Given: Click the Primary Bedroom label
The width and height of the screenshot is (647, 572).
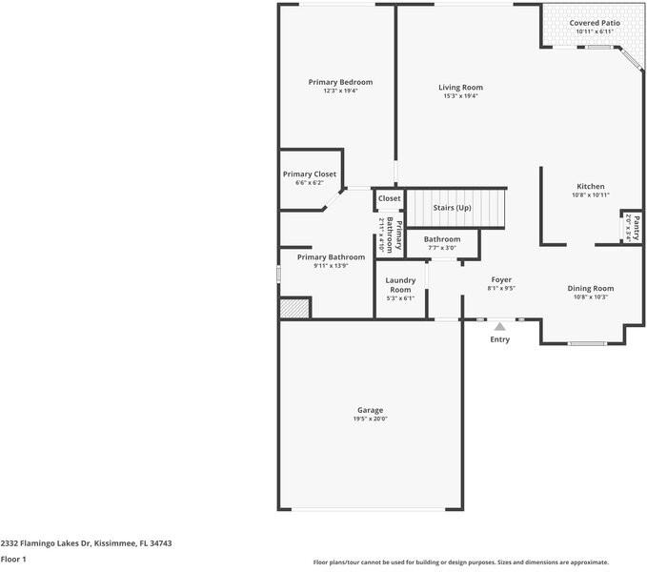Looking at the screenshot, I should click(340, 82).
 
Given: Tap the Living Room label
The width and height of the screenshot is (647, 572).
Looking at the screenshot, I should click(460, 87).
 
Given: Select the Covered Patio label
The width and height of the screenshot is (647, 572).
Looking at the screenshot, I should click(595, 23).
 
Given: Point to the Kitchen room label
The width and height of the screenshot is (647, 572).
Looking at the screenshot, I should click(590, 186).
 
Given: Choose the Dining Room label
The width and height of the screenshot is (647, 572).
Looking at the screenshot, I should click(590, 288).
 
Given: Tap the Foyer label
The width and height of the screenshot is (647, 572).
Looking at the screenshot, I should click(501, 279).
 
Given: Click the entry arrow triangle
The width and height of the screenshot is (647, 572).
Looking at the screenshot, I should click(499, 326).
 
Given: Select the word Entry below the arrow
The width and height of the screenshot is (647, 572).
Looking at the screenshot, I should click(499, 339).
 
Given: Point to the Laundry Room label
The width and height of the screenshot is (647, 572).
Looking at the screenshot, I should click(400, 284).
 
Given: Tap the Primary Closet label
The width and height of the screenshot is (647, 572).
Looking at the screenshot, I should click(310, 174).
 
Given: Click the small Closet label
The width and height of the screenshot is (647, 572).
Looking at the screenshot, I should click(389, 198).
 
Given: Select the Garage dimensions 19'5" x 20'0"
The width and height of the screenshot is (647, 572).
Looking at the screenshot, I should click(370, 419).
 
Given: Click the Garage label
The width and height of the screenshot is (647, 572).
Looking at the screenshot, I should click(370, 410).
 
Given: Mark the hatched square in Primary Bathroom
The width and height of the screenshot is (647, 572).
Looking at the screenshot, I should click(294, 308).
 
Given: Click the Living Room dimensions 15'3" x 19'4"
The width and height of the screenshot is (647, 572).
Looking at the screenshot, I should click(460, 95).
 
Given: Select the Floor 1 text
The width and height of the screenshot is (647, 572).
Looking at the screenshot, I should click(13, 559).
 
